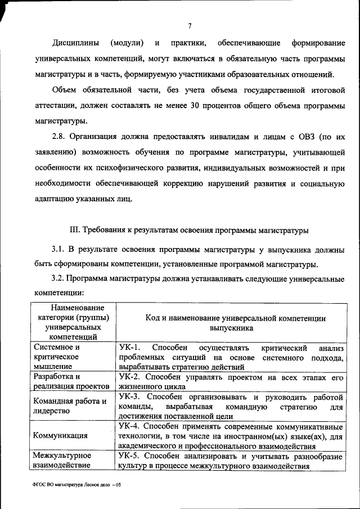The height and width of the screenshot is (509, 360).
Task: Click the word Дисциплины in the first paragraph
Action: pyautogui.click(x=76, y=43)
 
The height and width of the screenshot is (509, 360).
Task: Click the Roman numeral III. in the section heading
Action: pyautogui.click(x=75, y=230)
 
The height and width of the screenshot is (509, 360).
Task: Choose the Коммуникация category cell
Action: pyautogui.click(x=60, y=435)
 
